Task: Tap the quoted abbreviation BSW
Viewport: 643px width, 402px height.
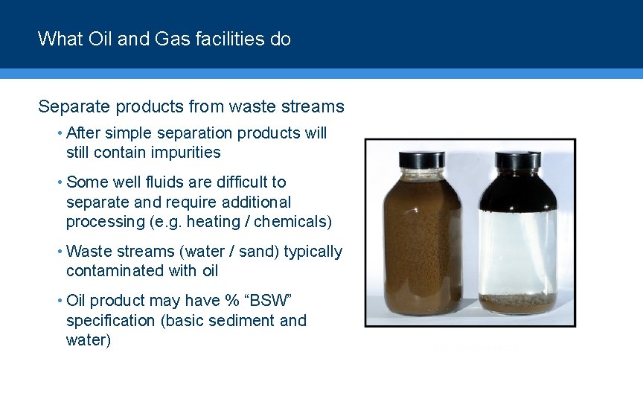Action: coord(279,301)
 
